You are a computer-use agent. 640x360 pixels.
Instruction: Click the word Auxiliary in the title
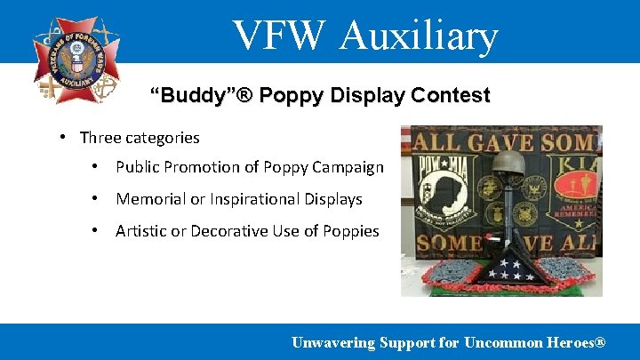pos(419,36)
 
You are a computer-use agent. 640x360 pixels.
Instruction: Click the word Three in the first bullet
pos(99,138)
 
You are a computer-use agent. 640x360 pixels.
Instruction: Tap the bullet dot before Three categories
pos(64,137)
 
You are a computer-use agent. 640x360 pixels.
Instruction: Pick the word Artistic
pos(140,231)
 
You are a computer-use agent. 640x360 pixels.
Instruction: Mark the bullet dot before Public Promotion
pos(96,167)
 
